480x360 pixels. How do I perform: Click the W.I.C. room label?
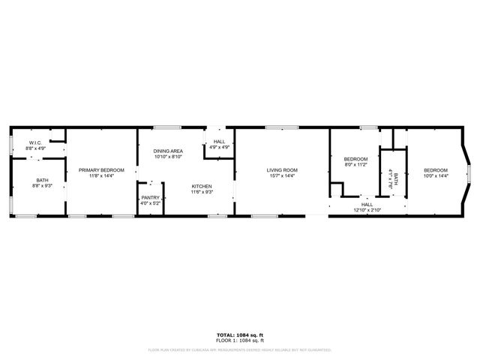point(35,142)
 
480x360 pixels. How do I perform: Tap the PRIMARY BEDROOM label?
point(101,170)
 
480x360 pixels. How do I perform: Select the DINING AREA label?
point(168,151)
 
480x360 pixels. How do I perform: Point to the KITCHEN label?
point(202,186)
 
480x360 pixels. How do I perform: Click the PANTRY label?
point(151,197)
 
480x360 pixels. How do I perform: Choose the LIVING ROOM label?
point(282,170)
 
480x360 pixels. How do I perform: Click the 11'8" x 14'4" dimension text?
point(101,176)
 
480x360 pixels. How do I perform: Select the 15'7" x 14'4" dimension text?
point(282,176)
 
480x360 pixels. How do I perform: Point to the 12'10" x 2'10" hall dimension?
point(367,209)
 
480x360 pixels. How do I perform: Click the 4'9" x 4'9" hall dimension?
point(219,147)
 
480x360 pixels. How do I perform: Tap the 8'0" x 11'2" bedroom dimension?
point(355,164)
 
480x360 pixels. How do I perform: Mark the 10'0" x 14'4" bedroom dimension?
point(436,176)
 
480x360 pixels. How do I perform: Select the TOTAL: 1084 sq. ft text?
point(239,334)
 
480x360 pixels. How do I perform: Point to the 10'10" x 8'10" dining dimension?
point(168,157)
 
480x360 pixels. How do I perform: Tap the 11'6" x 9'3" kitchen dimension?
point(202,192)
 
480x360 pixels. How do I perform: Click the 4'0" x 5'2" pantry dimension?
point(151,203)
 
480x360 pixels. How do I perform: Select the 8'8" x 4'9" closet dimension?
point(35,148)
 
